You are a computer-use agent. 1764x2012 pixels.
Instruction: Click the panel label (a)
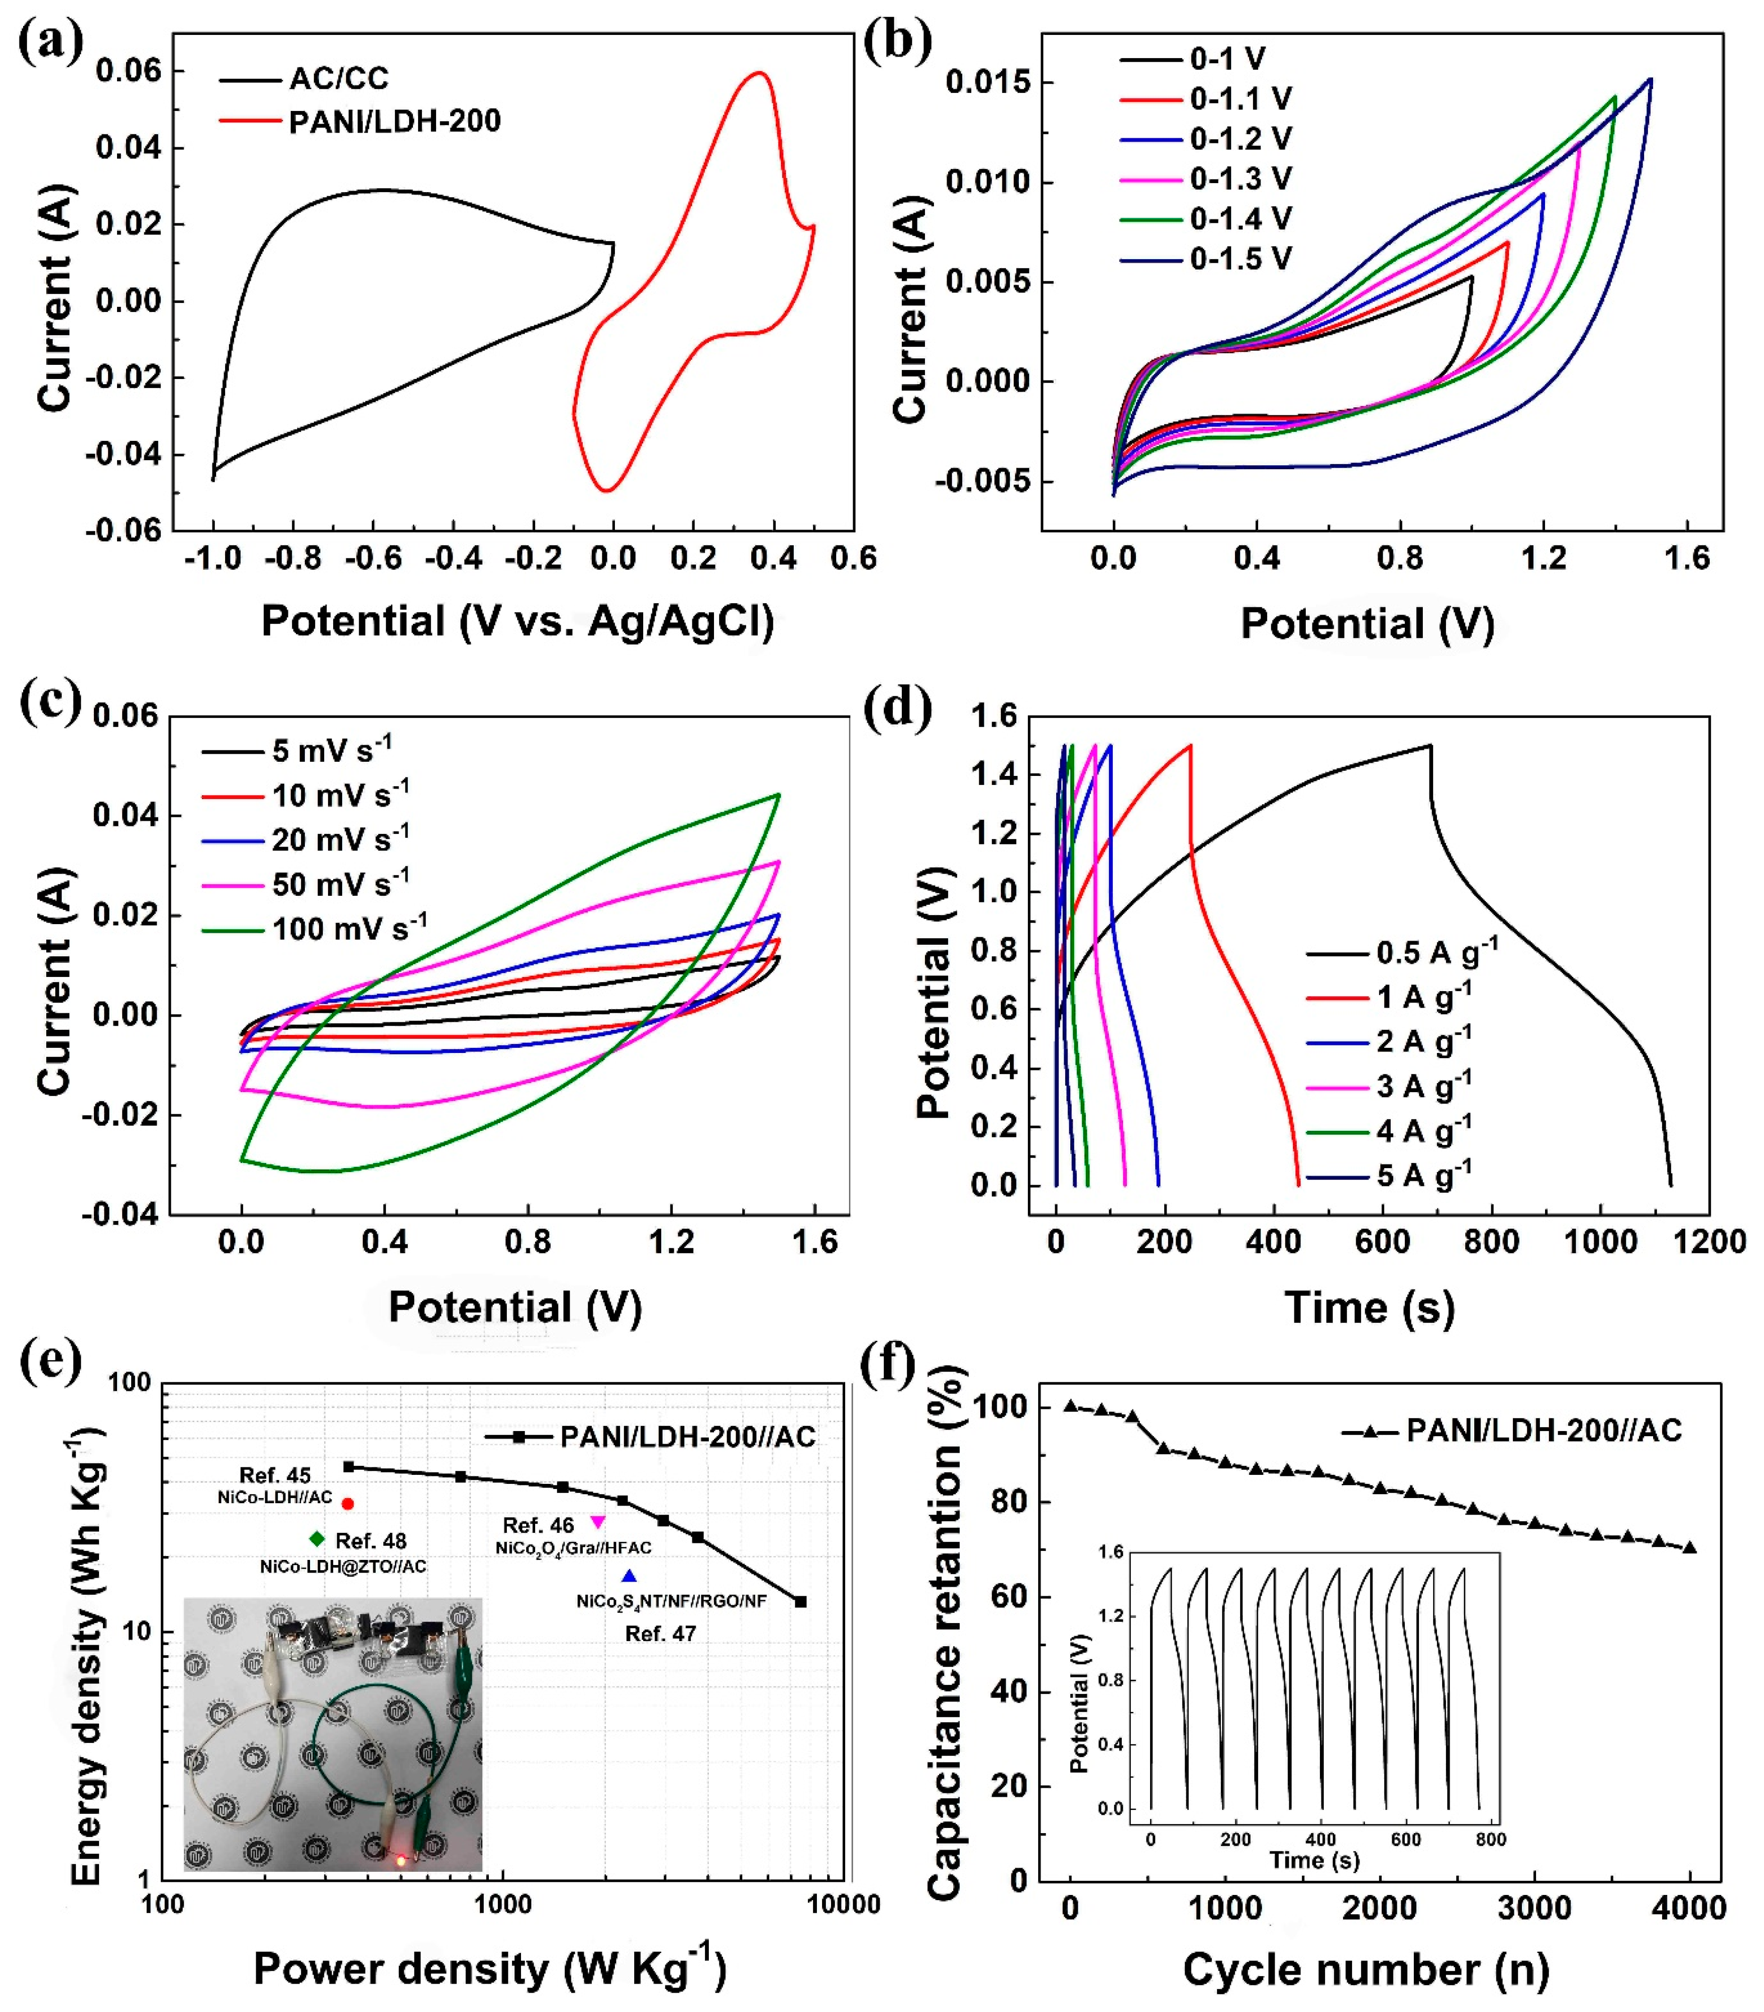point(51,44)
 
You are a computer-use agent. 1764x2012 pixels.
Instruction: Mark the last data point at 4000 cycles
point(1690,1548)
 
